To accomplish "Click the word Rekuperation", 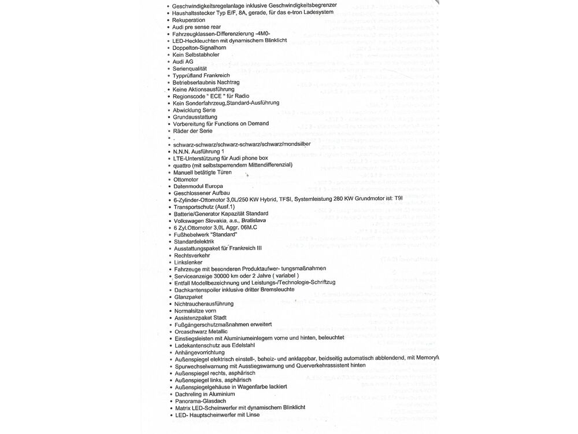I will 189,20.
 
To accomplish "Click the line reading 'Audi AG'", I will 183,62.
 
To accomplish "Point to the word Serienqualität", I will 190,69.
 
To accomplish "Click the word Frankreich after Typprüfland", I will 217,76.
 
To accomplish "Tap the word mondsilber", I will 295,144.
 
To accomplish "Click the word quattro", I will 183,165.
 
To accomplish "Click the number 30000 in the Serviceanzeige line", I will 220,277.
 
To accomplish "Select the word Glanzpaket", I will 188,297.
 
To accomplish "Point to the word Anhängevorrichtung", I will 200,352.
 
